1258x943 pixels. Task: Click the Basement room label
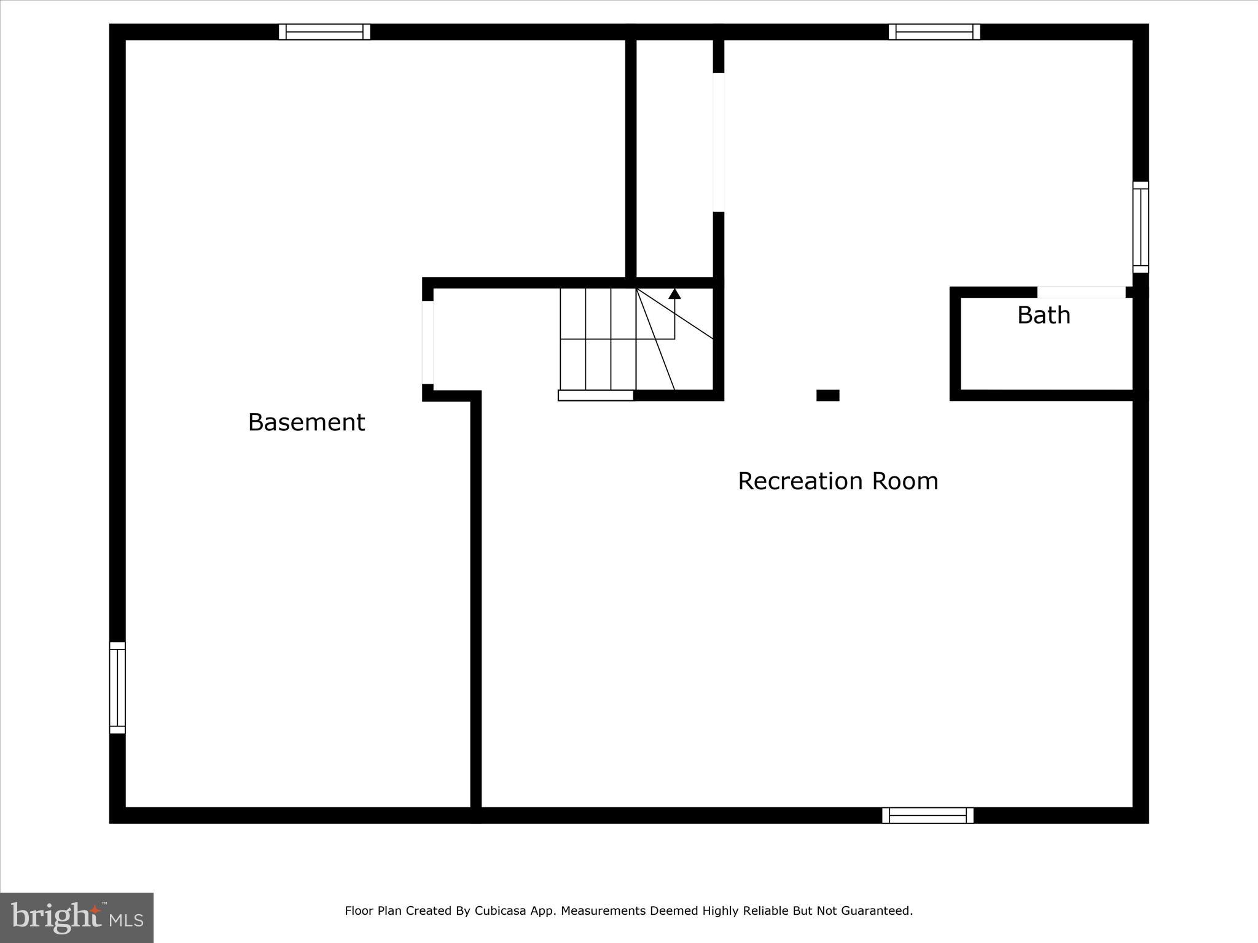(306, 422)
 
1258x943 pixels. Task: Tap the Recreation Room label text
(838, 481)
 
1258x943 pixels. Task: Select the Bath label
(1044, 315)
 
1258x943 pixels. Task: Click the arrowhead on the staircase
(674, 293)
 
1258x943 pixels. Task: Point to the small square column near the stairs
(827, 395)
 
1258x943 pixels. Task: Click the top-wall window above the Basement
(324, 32)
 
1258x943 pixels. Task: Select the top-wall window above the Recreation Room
(934, 32)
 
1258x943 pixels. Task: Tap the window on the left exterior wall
(117, 688)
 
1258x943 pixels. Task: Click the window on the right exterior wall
(1141, 227)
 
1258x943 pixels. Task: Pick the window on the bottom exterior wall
(928, 815)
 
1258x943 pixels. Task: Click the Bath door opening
(1081, 292)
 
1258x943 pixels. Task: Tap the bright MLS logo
(76, 918)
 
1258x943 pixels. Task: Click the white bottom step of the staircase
(595, 395)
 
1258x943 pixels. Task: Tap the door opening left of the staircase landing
(428, 342)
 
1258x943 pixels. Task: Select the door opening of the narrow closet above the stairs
(719, 142)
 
